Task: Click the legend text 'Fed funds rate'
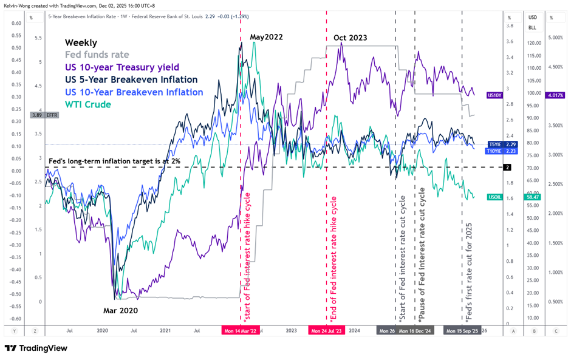[97, 55]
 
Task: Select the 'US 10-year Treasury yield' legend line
[122, 67]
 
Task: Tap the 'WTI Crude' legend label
[88, 104]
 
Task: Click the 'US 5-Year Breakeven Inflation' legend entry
[131, 80]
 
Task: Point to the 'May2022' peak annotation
[265, 37]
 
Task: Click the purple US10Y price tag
[494, 95]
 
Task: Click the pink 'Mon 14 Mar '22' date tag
[241, 331]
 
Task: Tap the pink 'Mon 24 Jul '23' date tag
[327, 331]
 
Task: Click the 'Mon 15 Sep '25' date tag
[463, 331]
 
